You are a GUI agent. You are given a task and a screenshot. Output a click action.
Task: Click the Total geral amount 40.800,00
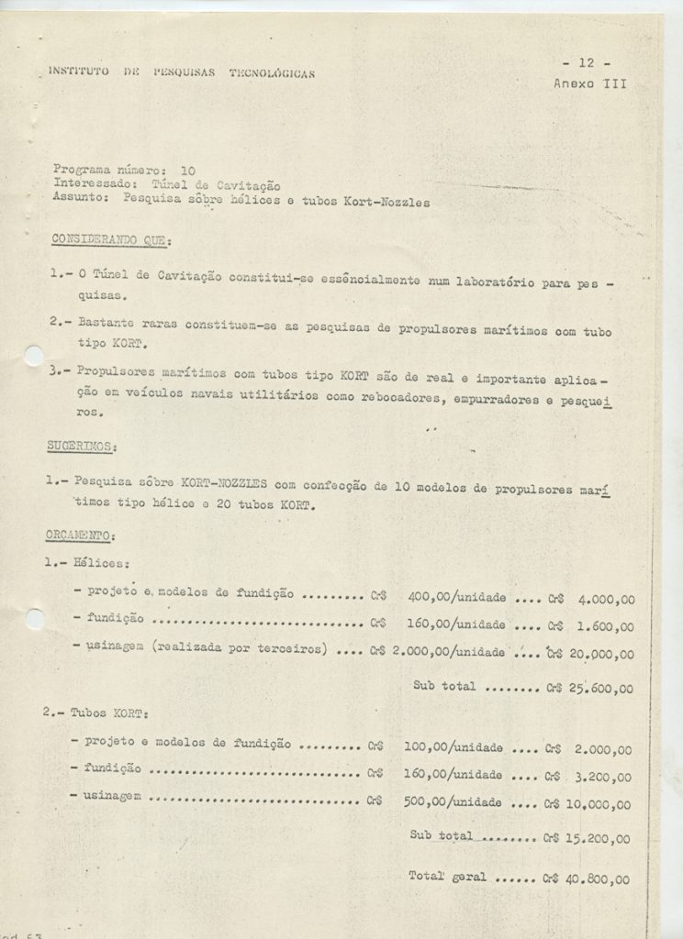599,878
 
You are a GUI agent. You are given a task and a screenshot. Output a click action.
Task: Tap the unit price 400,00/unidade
456,597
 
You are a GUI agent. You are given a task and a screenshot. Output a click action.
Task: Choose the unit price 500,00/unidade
453,802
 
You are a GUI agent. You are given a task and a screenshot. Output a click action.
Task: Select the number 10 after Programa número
188,171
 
